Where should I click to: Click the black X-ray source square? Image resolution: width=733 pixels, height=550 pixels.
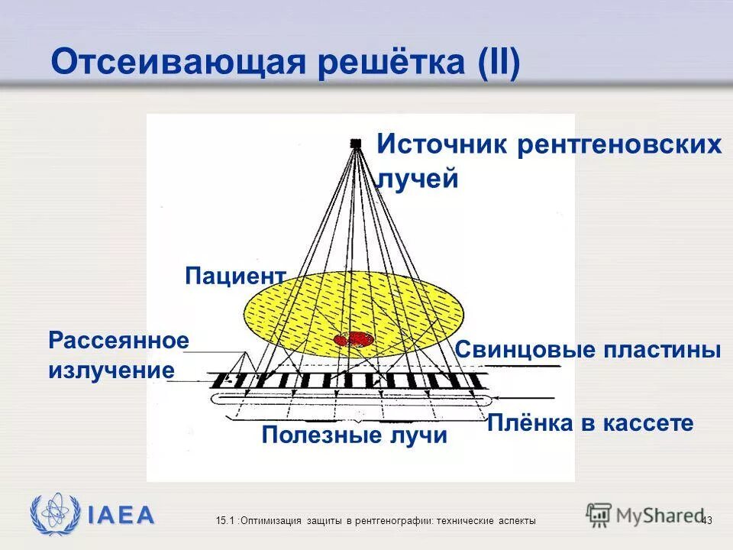tap(356, 143)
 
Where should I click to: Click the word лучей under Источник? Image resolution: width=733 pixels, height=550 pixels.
tap(418, 180)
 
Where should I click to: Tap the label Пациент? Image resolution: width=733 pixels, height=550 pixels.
tap(235, 277)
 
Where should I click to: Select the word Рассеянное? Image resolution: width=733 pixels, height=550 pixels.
tap(118, 341)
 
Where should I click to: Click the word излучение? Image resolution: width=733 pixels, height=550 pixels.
tap(111, 371)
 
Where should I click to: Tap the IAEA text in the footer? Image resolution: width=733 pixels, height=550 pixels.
tap(121, 515)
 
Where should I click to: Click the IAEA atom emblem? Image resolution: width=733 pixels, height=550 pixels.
tap(54, 514)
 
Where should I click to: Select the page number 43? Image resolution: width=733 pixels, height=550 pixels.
tap(706, 520)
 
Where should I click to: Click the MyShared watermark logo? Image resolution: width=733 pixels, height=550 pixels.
tap(645, 514)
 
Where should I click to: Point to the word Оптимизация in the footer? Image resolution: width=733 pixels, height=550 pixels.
tap(274, 520)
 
